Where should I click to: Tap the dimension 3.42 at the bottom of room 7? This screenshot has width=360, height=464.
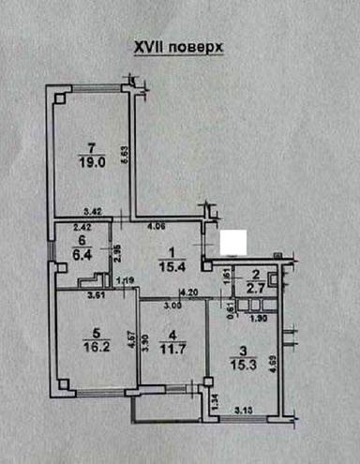[x=92, y=213]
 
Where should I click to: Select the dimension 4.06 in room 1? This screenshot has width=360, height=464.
[x=157, y=226]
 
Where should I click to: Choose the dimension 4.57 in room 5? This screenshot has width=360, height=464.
[x=132, y=339]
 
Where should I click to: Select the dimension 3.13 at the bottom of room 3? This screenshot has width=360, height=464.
[x=245, y=408]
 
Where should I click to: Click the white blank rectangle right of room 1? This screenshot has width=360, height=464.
[x=232, y=242]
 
